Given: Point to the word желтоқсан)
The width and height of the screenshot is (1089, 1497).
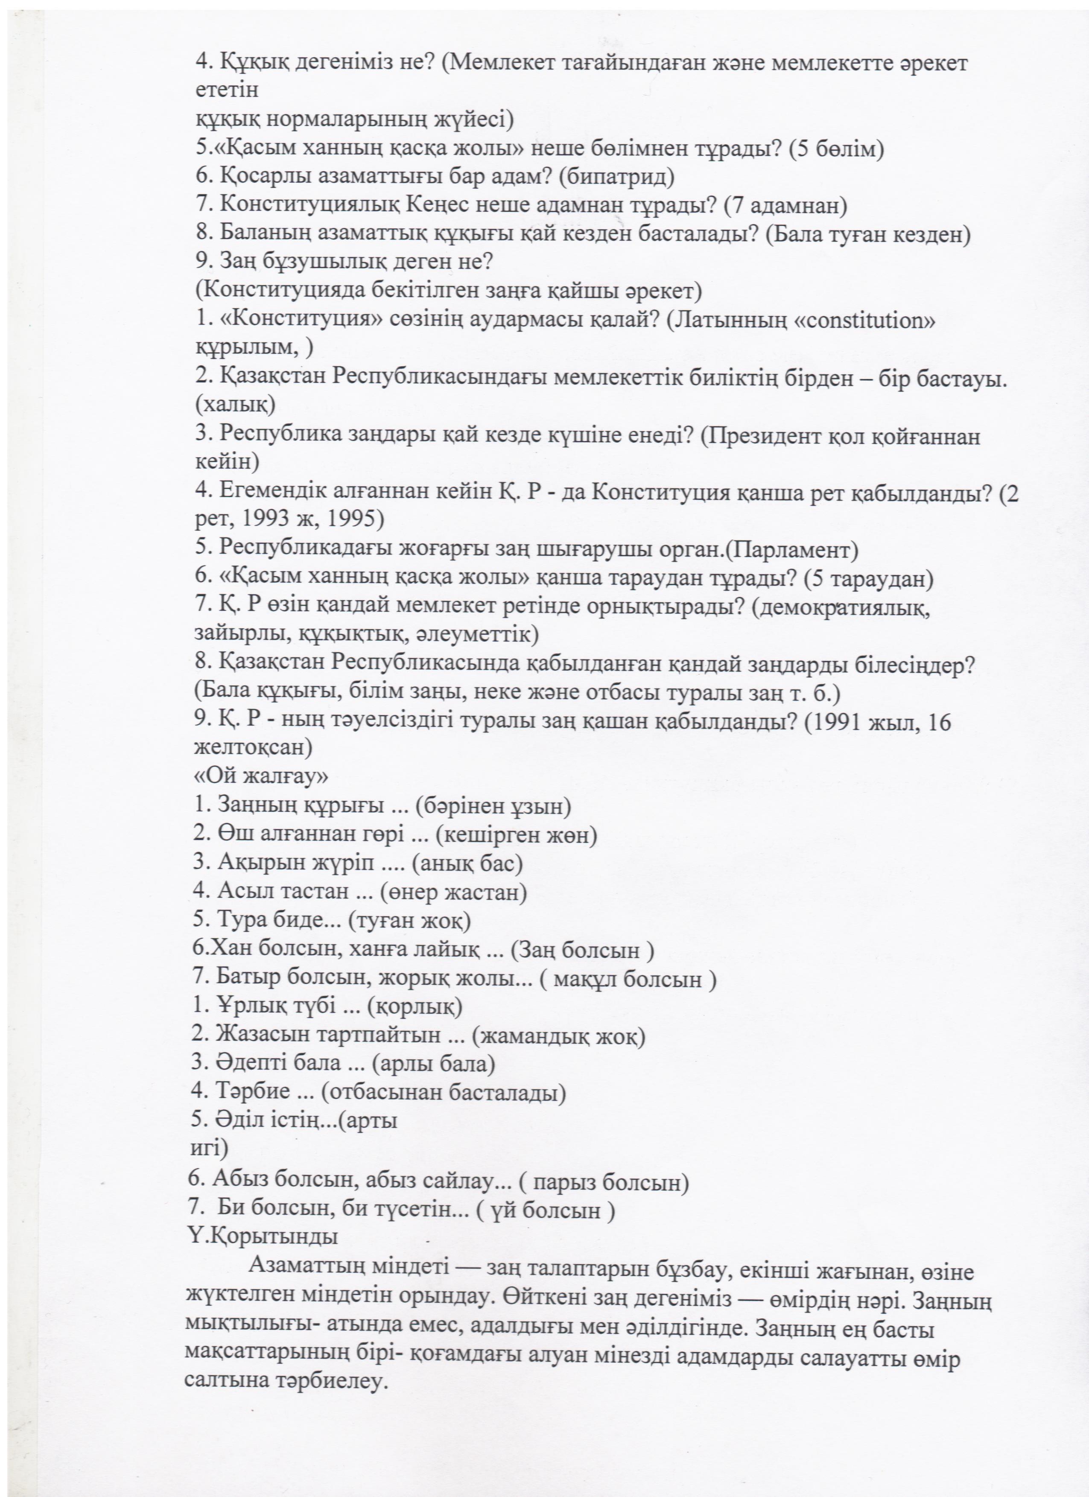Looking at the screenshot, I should [x=253, y=748].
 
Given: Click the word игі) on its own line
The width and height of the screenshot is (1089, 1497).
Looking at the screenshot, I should [x=209, y=1148].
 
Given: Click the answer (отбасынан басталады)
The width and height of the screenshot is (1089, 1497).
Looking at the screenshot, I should [x=444, y=1092].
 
